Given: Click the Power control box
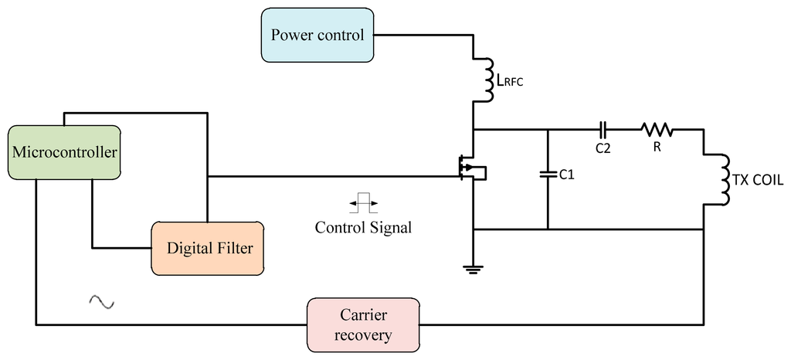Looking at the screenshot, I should click(317, 35).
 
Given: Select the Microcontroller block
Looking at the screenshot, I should click(64, 152).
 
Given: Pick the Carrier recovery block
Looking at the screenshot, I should click(363, 324).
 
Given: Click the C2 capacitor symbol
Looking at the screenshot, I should click(604, 129).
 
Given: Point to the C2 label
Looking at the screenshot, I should click(603, 148).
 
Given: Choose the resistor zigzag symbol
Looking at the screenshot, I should click(655, 129).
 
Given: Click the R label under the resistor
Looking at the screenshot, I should click(657, 147).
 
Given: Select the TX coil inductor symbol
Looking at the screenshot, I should click(725, 180).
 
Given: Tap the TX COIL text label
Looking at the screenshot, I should click(759, 180).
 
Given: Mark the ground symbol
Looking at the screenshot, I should click(473, 269).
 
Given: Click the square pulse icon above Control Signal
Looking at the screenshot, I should click(363, 205).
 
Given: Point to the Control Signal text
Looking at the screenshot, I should click(363, 228).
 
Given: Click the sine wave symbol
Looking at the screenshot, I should click(101, 302).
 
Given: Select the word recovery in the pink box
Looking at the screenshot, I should click(363, 335).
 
